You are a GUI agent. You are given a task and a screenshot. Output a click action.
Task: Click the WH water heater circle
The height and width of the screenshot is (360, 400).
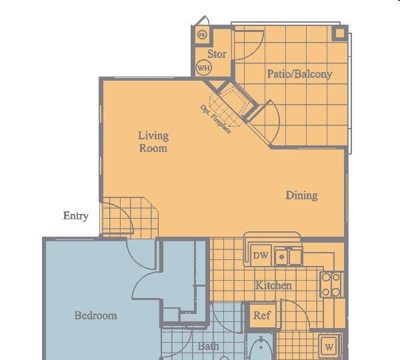click(x=203, y=67)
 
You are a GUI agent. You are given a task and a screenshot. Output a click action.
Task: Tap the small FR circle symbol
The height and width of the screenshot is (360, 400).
click(x=202, y=35)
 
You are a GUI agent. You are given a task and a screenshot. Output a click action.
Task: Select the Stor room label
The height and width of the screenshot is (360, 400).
click(x=217, y=54)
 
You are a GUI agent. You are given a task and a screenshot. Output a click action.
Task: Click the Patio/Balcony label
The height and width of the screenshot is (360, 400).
click(x=299, y=74)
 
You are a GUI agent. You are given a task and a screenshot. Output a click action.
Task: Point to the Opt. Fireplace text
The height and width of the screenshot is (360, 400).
click(x=215, y=119)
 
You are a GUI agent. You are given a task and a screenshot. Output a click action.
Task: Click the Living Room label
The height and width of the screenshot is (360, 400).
click(x=153, y=141)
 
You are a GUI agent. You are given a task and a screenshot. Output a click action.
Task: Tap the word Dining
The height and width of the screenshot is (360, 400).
click(x=302, y=195)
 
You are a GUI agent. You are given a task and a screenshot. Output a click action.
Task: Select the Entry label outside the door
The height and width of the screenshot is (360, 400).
click(x=76, y=216)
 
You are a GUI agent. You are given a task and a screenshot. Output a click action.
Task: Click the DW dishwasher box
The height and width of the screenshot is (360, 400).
click(x=261, y=255)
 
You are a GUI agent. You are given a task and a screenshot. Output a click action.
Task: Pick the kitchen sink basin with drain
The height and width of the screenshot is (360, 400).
click(x=281, y=257)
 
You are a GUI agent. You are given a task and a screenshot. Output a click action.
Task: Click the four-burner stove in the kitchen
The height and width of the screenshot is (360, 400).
click(x=331, y=285)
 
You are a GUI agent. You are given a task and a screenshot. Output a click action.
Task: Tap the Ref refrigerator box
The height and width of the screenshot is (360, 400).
click(x=262, y=315)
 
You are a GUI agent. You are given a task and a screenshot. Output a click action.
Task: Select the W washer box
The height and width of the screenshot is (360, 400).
click(x=329, y=347)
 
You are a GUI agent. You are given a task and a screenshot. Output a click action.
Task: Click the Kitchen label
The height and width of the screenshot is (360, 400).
click(x=274, y=285)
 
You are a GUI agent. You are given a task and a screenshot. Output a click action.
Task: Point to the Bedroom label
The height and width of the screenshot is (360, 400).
click(x=95, y=315)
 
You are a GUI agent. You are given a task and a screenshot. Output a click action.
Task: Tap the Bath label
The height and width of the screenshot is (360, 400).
click(x=209, y=346)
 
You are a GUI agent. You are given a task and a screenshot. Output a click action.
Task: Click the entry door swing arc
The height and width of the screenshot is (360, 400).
click(x=125, y=211)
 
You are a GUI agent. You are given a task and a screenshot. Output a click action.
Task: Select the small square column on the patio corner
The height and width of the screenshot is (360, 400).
click(x=340, y=33)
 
